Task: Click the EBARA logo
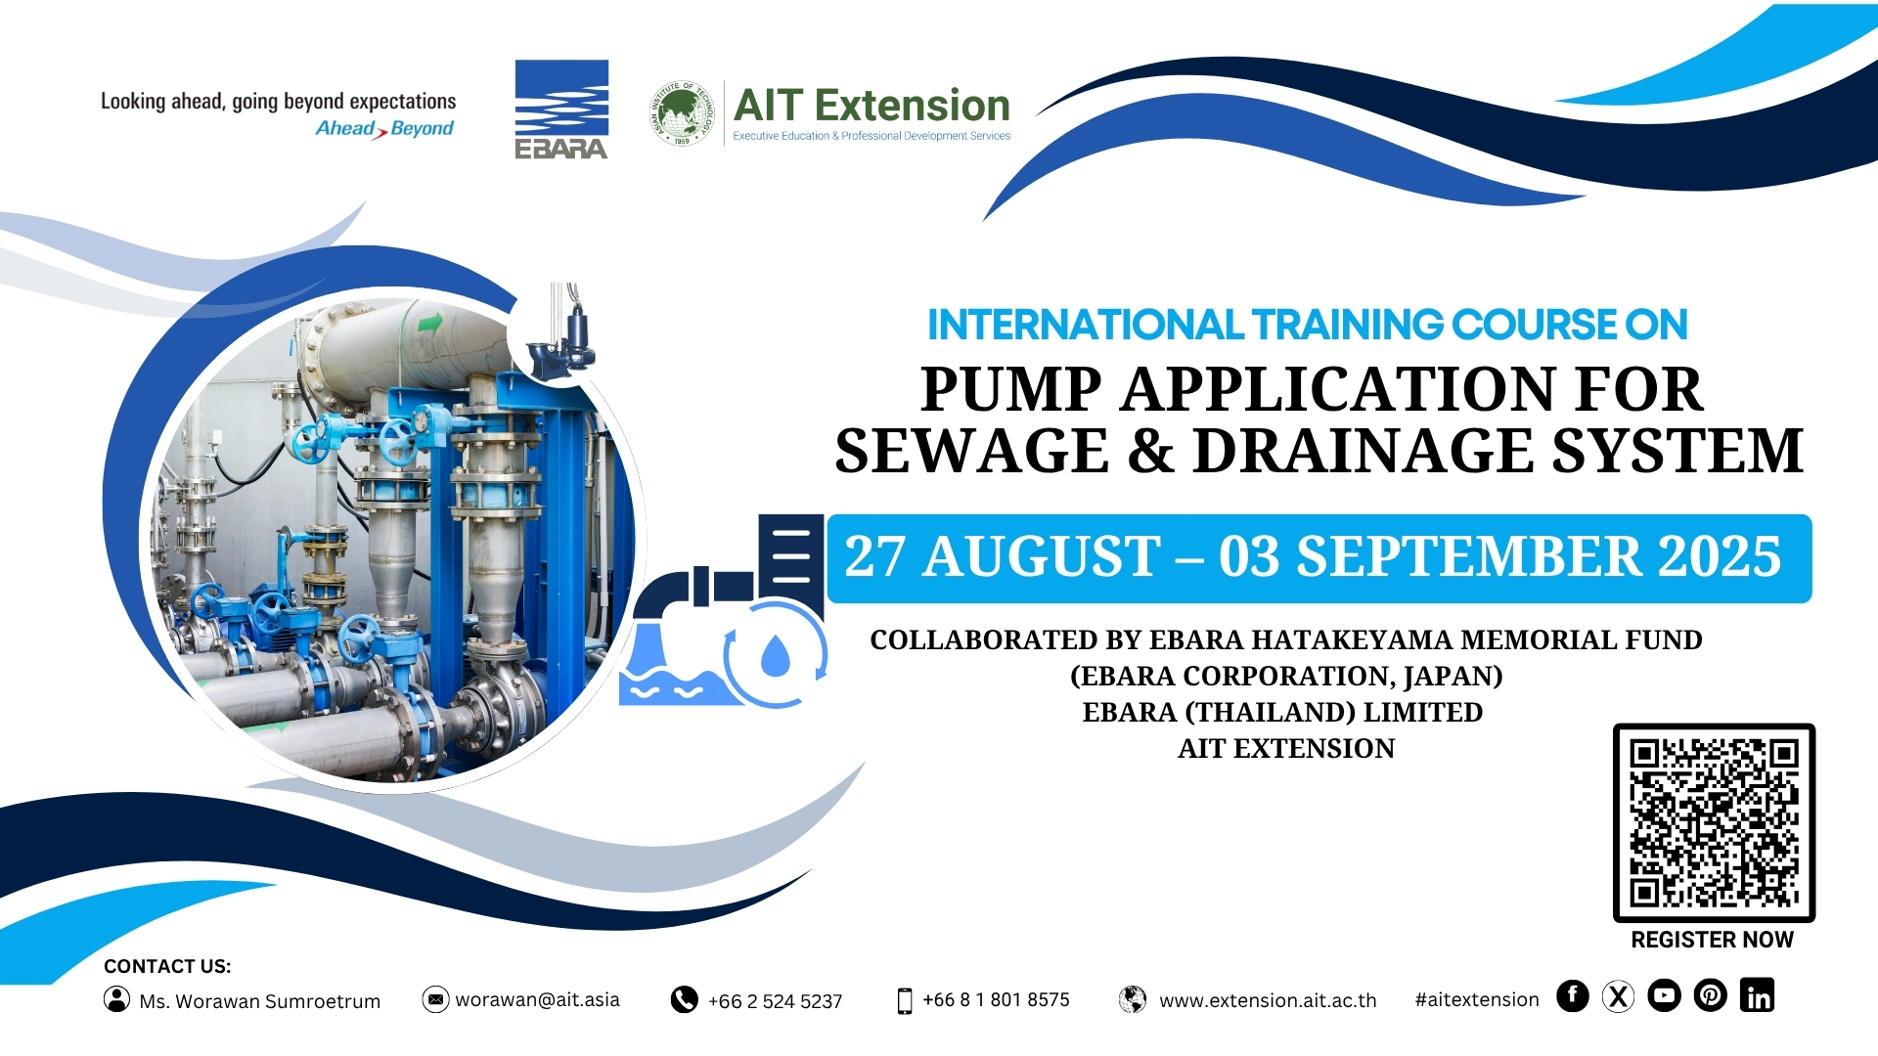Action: (561, 110)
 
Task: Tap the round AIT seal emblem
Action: (682, 113)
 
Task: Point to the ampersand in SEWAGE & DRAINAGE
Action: (1150, 451)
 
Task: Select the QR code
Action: (1714, 822)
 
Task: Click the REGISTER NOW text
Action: (1712, 940)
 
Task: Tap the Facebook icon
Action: (1573, 995)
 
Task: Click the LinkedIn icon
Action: (1757, 995)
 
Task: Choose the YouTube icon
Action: (1664, 995)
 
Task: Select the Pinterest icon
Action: (1710, 995)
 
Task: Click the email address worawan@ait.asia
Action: (537, 999)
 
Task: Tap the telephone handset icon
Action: (684, 999)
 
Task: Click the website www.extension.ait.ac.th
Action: (1268, 1000)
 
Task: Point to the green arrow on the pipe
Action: (429, 322)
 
